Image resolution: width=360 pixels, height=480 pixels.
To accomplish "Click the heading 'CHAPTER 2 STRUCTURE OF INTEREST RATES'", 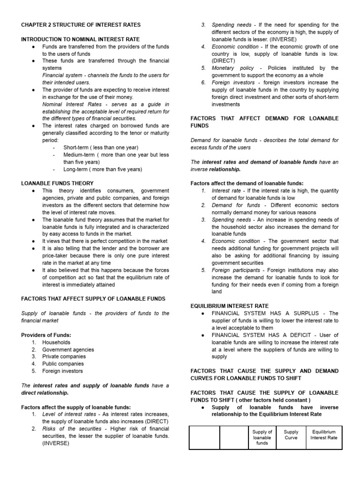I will (81, 24).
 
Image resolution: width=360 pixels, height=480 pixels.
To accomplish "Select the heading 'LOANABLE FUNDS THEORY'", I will (57, 183).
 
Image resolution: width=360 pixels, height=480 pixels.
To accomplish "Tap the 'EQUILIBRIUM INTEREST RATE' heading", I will (230, 306).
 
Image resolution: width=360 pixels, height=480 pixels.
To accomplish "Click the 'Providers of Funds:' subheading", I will (45, 335).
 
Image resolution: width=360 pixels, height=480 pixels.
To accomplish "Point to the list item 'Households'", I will (56, 342).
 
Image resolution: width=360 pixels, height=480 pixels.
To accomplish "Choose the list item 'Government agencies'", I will (68, 349).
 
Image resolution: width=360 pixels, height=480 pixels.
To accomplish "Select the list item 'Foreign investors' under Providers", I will (62, 371).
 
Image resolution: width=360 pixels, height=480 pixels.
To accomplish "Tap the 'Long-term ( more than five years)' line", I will (103, 169).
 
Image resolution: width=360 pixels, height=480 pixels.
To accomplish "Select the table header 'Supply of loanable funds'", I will (262, 437).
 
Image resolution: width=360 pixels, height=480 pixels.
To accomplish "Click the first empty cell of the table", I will (204, 437).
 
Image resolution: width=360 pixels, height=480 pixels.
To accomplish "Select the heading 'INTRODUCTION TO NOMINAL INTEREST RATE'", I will (80, 39).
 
